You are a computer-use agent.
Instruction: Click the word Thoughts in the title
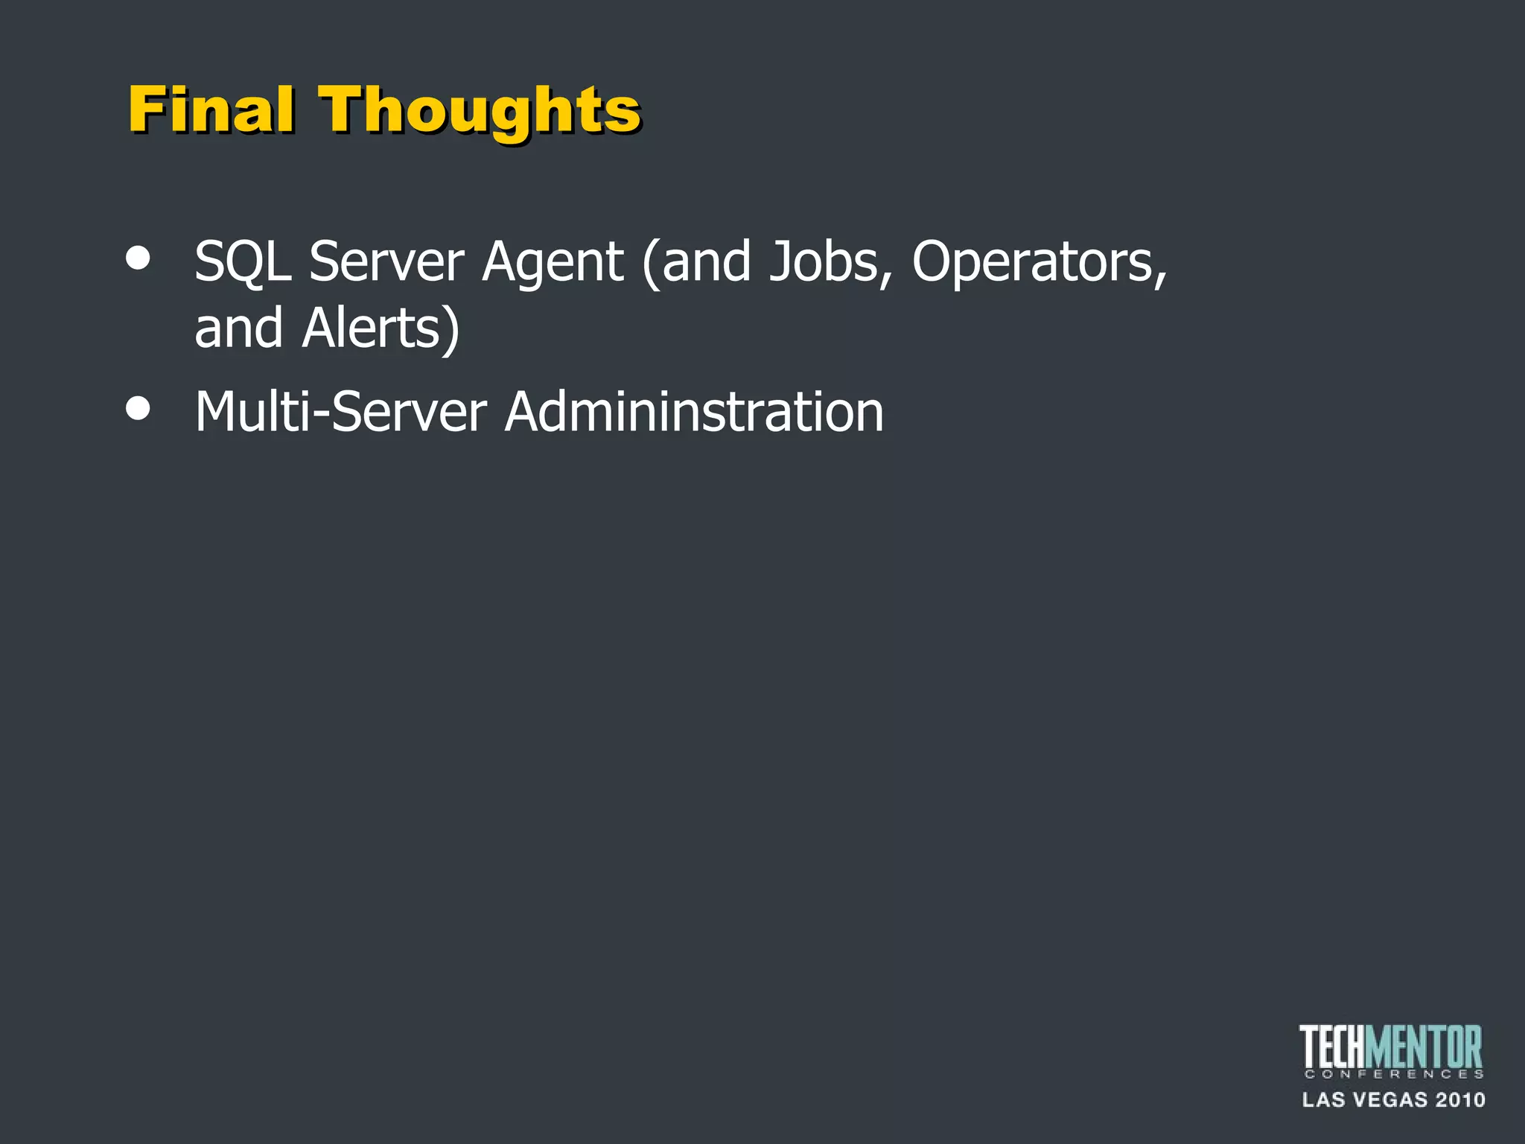pyautogui.click(x=480, y=112)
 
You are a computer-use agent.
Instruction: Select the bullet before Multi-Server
pyautogui.click(x=139, y=408)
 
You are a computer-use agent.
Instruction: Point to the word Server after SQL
pyautogui.click(x=386, y=262)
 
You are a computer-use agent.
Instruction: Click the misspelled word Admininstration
pyautogui.click(x=694, y=412)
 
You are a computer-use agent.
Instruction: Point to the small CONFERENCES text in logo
pyautogui.click(x=1393, y=1074)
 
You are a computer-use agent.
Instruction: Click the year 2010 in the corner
pyautogui.click(x=1459, y=1100)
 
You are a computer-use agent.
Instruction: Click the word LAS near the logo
pyautogui.click(x=1323, y=1100)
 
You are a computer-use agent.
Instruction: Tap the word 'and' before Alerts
pyautogui.click(x=238, y=329)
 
